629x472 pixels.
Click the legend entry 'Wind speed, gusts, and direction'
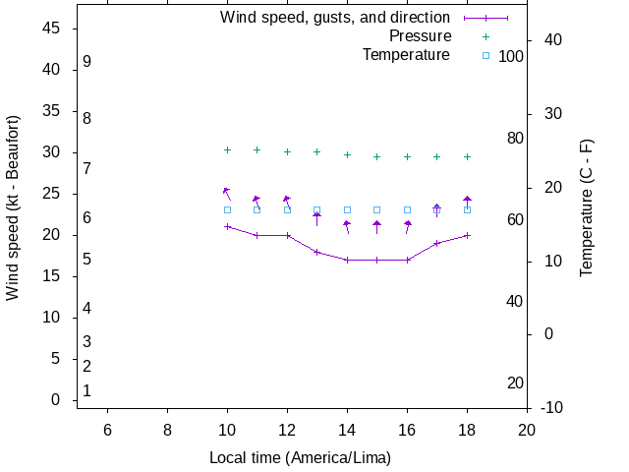(334, 18)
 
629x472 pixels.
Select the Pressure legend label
(419, 36)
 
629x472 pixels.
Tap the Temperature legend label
(406, 55)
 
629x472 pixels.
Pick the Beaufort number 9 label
(86, 61)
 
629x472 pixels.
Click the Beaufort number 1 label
(86, 390)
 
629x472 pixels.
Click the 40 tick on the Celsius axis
(552, 40)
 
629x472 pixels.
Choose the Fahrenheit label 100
(511, 56)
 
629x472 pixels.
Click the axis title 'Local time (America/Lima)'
(300, 458)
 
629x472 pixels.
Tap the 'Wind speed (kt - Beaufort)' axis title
(13, 207)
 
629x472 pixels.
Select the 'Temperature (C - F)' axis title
(587, 207)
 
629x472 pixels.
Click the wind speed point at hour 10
(227, 226)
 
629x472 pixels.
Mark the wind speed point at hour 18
(467, 235)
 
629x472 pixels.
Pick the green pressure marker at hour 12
(287, 151)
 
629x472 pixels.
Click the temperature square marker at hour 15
(376, 209)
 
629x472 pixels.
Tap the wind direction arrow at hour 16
(408, 227)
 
